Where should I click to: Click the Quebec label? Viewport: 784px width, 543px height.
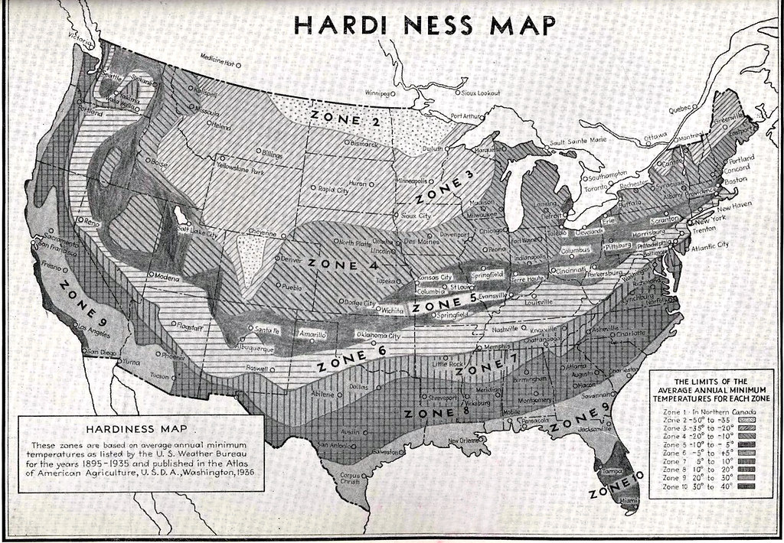pos(683,109)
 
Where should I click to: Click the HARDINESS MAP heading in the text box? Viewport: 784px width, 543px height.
pos(139,428)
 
